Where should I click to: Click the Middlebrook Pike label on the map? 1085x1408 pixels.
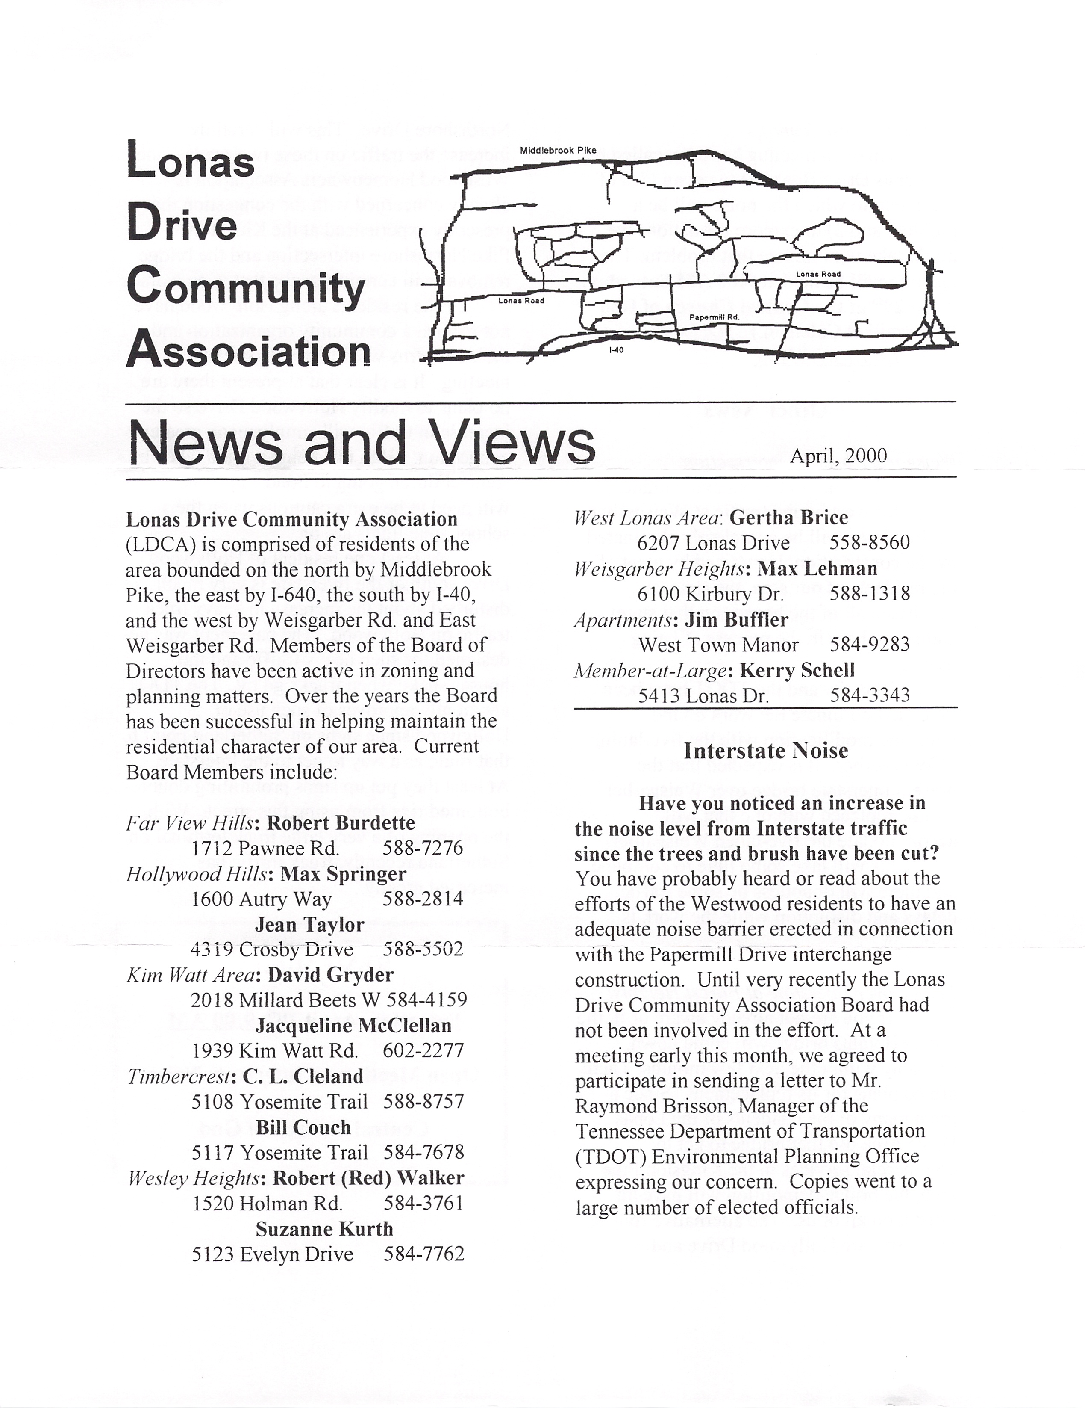pyautogui.click(x=558, y=150)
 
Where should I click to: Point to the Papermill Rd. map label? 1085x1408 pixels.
pyautogui.click(x=714, y=317)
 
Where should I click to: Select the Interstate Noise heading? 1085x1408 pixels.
pyautogui.click(x=765, y=751)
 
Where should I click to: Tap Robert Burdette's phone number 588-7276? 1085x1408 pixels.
pyautogui.click(x=423, y=848)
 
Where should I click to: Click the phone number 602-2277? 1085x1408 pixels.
pyautogui.click(x=423, y=1051)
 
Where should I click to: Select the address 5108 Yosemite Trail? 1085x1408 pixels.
pyautogui.click(x=279, y=1102)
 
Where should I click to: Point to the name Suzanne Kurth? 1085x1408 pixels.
pyautogui.click(x=324, y=1229)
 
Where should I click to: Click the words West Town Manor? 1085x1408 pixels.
pyautogui.click(x=718, y=645)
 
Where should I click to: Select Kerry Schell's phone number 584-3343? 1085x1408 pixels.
pyautogui.click(x=869, y=695)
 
